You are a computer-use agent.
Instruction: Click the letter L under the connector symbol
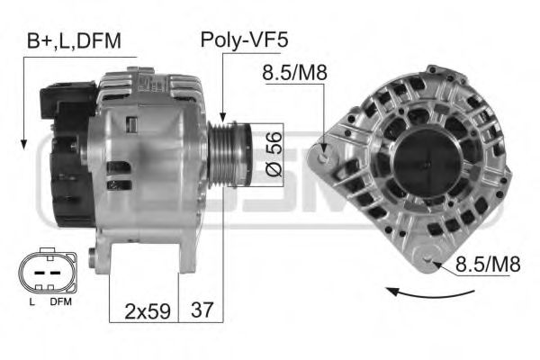[31, 302]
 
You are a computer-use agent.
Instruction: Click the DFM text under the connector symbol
[59, 302]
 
